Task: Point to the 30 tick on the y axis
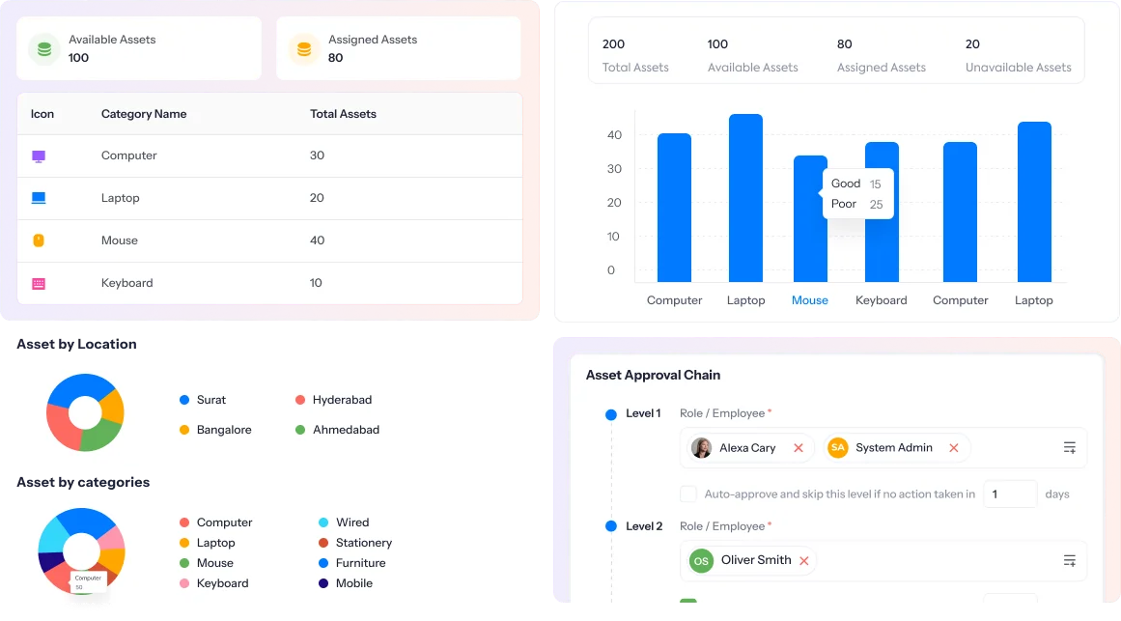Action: pos(614,169)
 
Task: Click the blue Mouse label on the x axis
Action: pos(809,300)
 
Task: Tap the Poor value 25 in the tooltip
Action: pos(876,205)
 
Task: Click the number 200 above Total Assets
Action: pos(613,44)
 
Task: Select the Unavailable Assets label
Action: pos(1018,68)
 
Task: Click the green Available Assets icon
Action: pos(44,48)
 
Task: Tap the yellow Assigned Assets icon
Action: pos(304,48)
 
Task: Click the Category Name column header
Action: pos(144,114)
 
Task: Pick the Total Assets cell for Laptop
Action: pos(317,198)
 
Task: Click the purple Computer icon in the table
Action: pos(39,155)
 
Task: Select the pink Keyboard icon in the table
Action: pos(39,283)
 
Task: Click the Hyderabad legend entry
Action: pos(341,400)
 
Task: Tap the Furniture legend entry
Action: pos(359,563)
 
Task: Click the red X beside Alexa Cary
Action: pos(798,448)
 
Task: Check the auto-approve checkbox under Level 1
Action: pos(688,494)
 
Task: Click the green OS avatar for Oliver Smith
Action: pos(701,560)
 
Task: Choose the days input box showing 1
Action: pos(1009,494)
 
